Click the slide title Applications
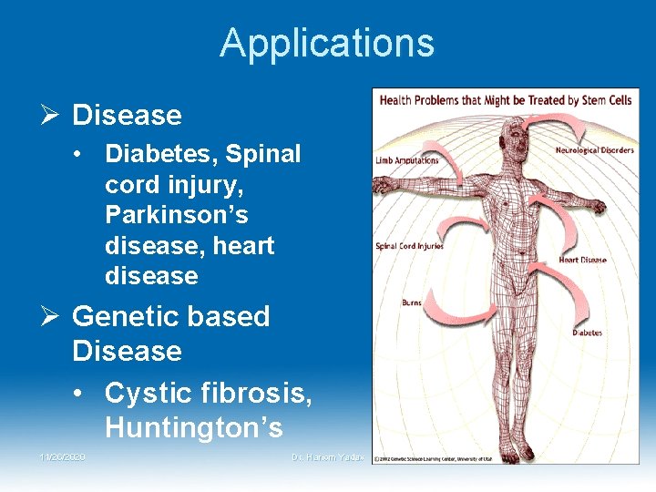coord(327,43)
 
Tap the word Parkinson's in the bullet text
coord(177,215)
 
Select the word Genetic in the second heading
coord(118,316)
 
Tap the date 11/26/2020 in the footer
coord(62,456)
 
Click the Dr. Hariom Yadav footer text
coord(328,456)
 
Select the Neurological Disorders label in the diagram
coord(594,150)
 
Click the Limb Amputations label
coord(406,160)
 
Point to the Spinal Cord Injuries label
coord(410,246)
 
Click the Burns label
coord(412,302)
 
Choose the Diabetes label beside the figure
coord(587,333)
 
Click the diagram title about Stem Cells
coord(505,99)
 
